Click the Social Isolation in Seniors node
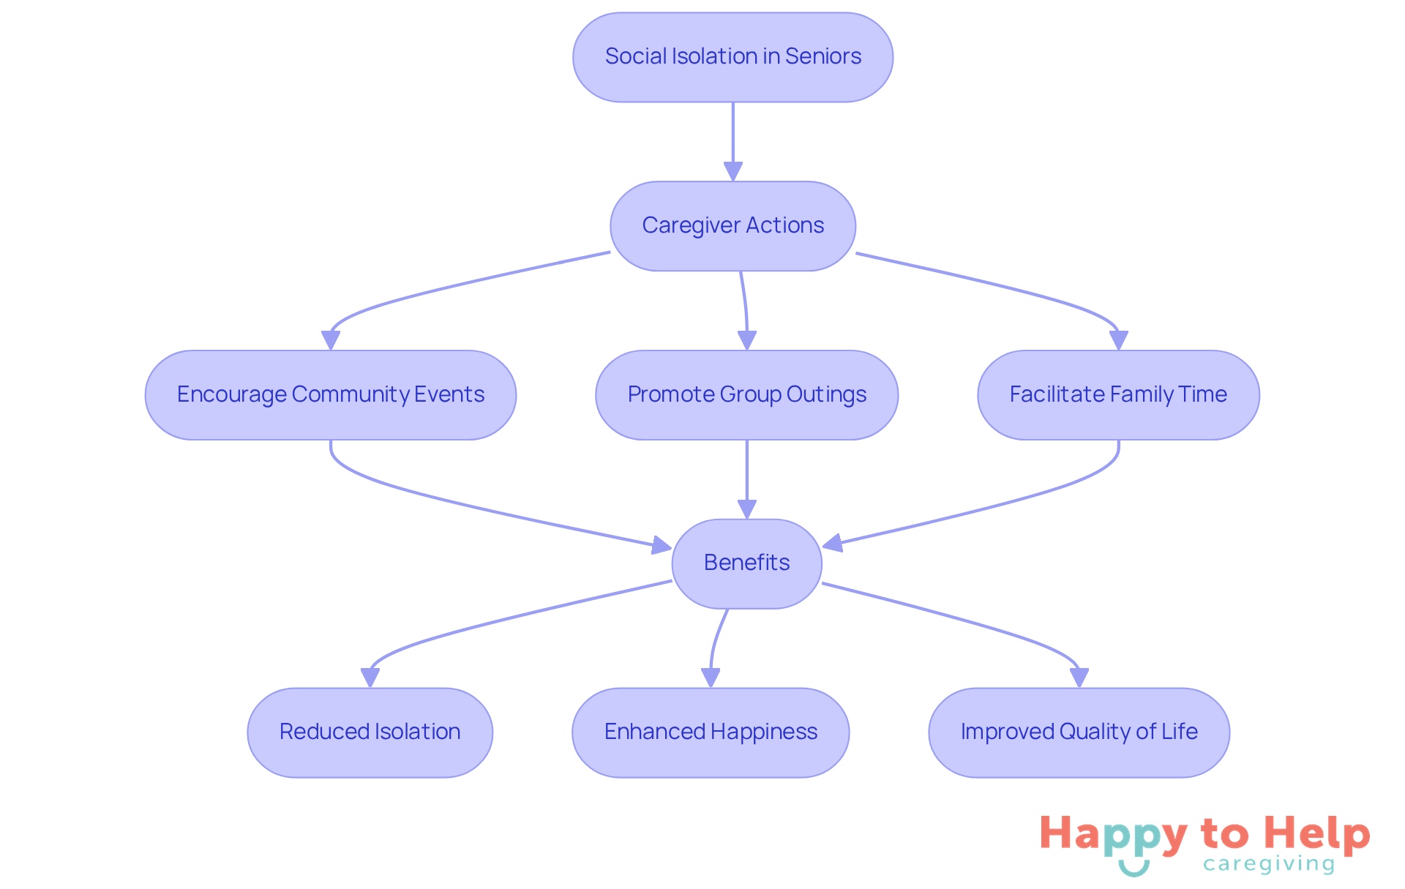tap(733, 57)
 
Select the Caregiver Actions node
tap(733, 226)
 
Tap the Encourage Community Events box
tap(331, 395)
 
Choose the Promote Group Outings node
tap(746, 395)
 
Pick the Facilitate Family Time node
tap(1118, 395)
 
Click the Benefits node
tap(746, 563)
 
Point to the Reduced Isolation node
tap(370, 732)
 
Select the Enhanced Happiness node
tap(711, 732)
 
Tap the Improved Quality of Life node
tap(1079, 732)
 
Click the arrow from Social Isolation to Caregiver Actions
tap(733, 139)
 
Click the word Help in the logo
tap(1316, 834)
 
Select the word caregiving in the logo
tap(1269, 865)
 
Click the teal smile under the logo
tap(1134, 869)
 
